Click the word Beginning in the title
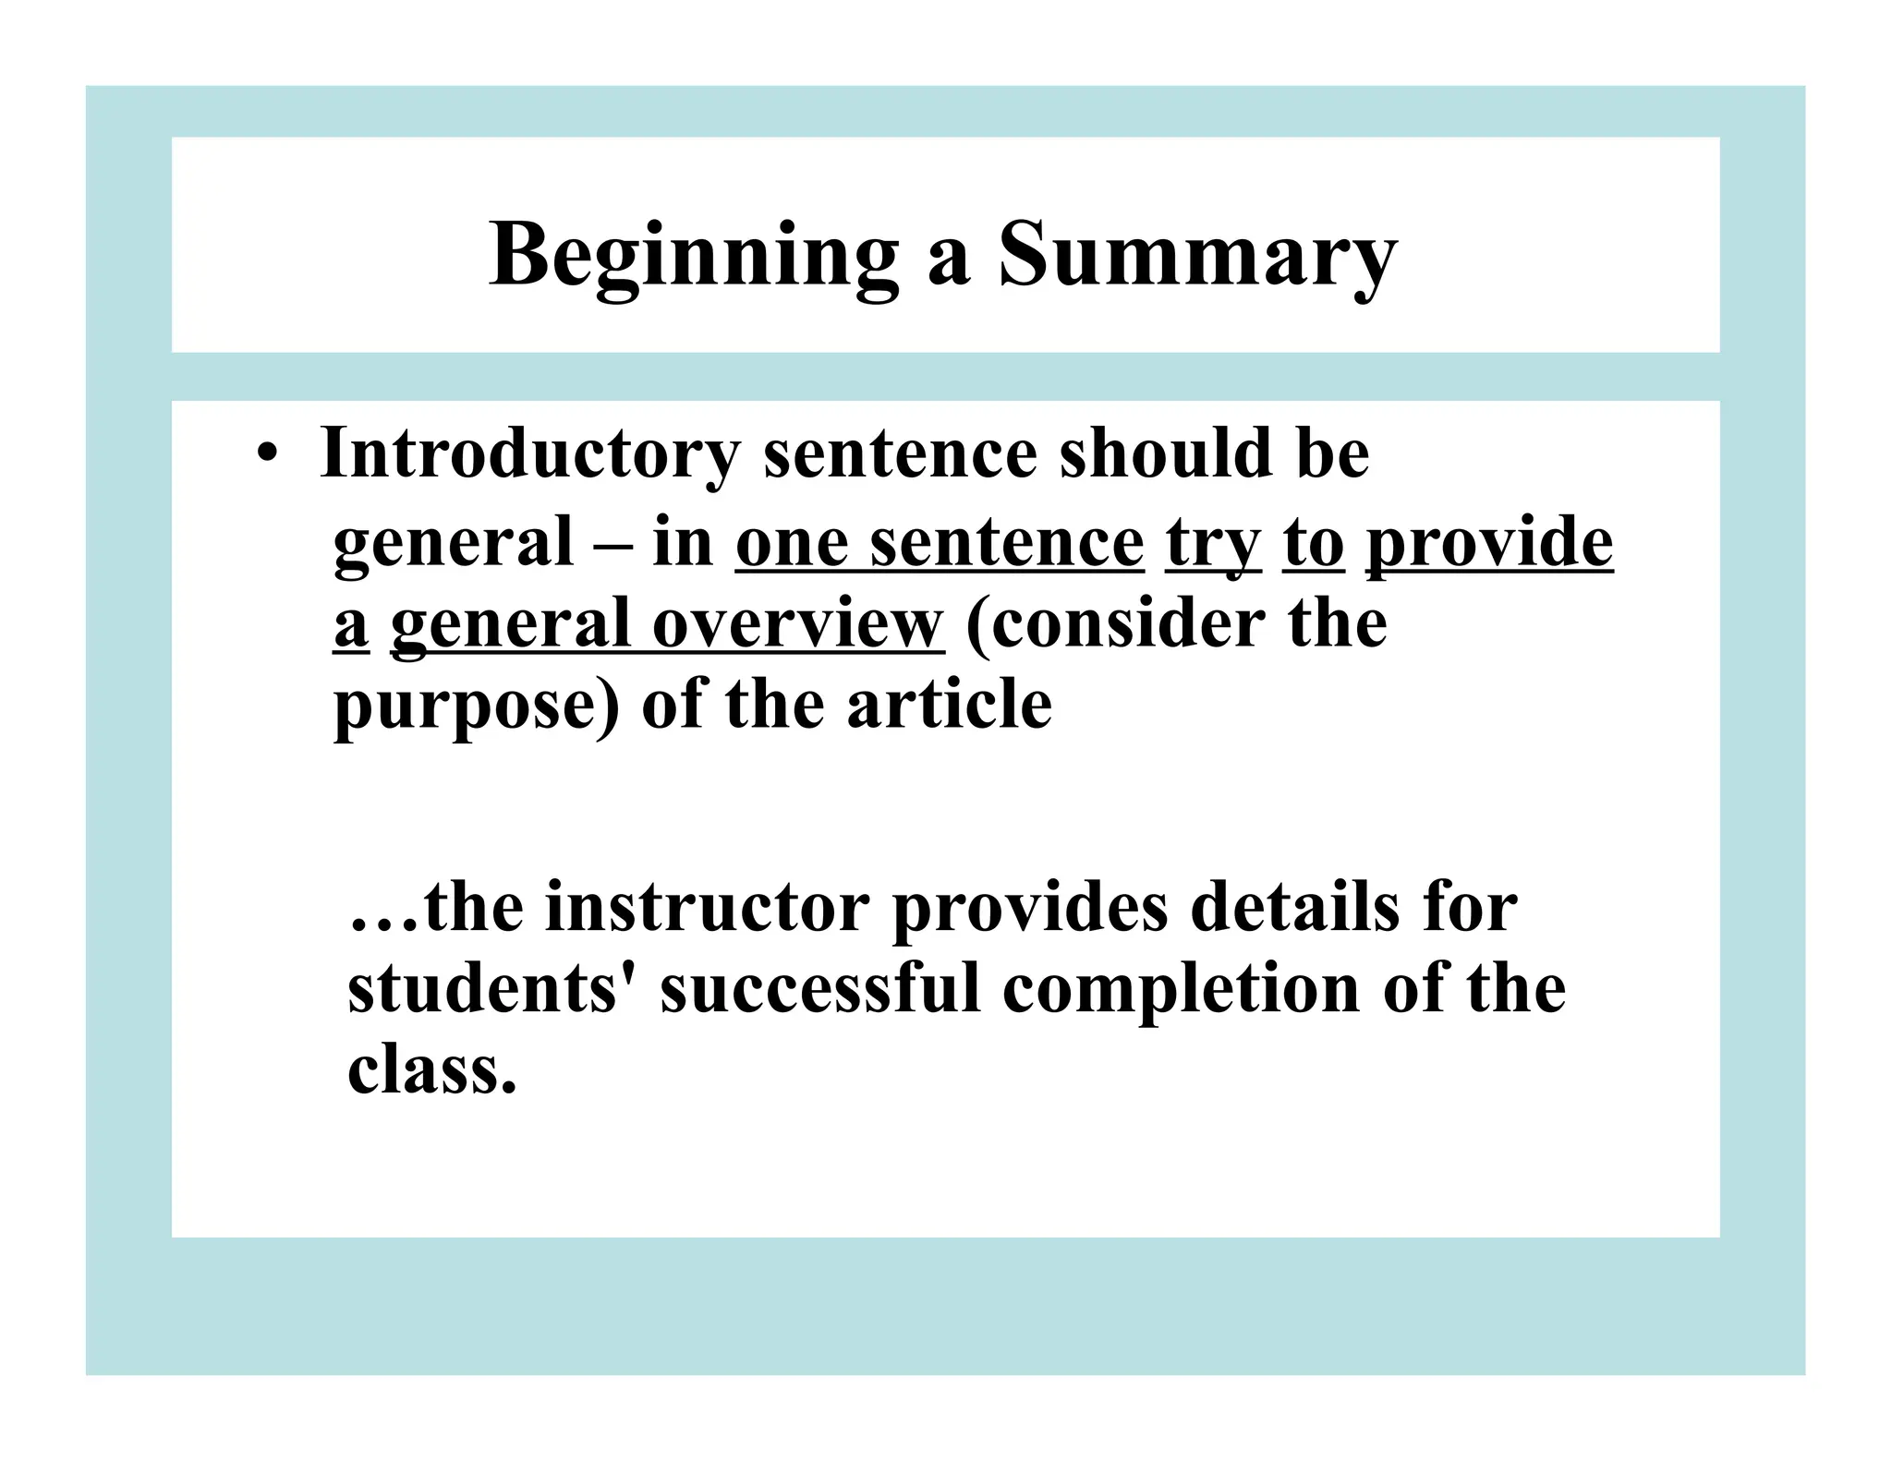click(x=693, y=255)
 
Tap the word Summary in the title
click(x=1197, y=255)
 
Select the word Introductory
click(x=529, y=454)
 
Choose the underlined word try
click(x=1213, y=543)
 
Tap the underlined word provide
click(x=1489, y=543)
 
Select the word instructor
click(x=708, y=907)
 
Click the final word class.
click(x=431, y=1069)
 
